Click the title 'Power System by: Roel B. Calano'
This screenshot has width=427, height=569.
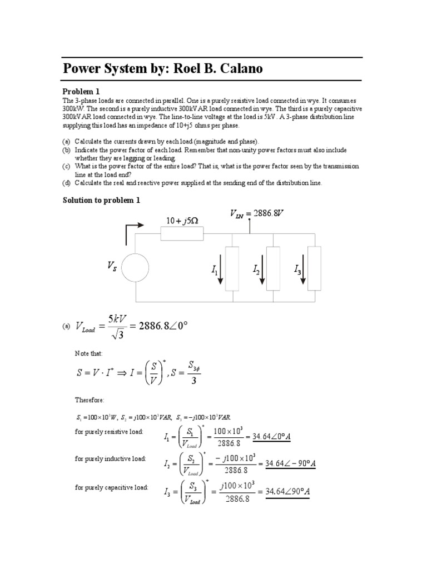pos(163,69)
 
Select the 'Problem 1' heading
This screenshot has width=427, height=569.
pos(81,91)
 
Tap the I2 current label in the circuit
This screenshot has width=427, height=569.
pos(256,270)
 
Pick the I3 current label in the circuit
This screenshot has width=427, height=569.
pos(297,270)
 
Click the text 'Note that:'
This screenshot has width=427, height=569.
pos(89,353)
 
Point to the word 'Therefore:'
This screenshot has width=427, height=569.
pos(90,400)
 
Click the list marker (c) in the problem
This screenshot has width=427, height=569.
pos(66,166)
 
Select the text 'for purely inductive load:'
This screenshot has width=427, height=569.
pos(111,458)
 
